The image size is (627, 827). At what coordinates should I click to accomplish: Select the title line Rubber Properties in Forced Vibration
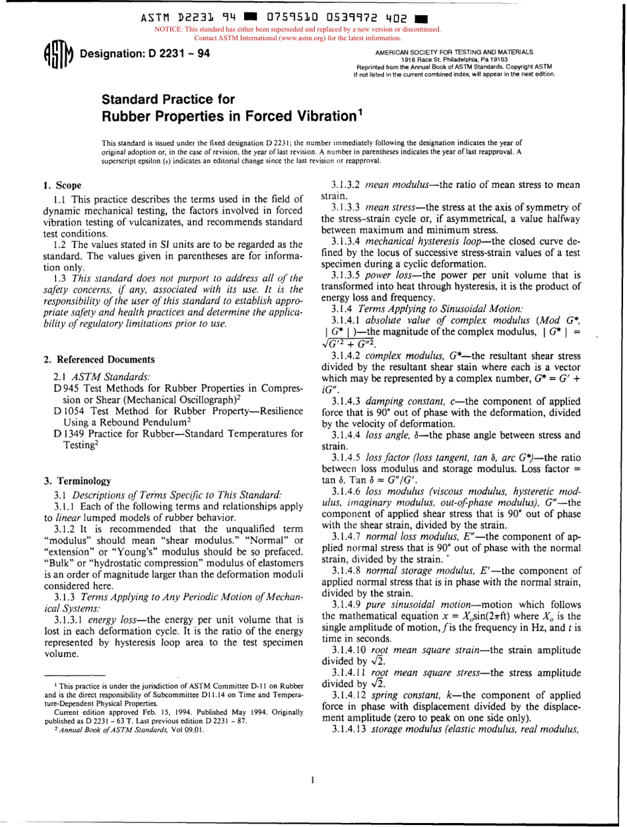point(234,116)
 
